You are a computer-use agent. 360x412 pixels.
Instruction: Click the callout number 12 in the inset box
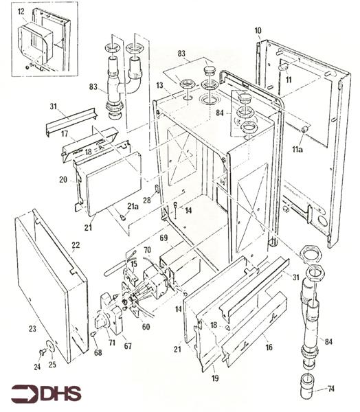tap(21, 12)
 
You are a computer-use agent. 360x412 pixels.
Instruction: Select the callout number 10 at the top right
tap(258, 31)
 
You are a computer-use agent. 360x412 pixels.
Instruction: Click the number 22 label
tap(76, 245)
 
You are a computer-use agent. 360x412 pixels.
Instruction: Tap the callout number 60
tap(145, 328)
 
